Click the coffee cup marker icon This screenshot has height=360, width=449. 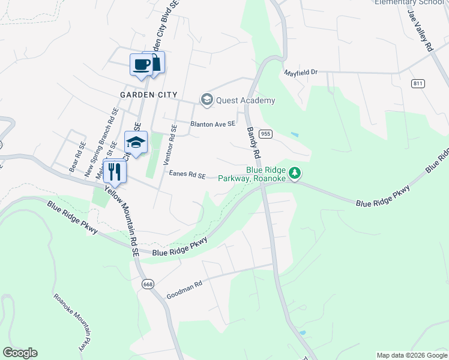141,64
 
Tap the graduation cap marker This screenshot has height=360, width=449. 136,143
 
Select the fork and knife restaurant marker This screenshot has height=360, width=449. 113,172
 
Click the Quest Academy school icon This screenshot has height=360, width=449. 207,100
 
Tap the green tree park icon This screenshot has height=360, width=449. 295,173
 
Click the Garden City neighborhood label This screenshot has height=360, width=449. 148,95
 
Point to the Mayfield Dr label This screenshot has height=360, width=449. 300,72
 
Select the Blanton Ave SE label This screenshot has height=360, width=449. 212,124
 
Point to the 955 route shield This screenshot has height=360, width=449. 267,134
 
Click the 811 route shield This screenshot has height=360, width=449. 418,83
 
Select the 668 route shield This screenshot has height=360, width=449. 147,283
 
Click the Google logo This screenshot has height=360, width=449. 20,353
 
